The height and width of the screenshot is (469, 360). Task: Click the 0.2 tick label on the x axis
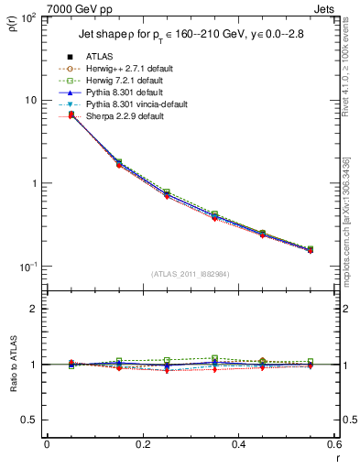tap(142, 445)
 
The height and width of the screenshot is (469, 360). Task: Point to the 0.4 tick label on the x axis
tap(238, 445)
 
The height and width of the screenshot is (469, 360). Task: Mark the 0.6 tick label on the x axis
tap(333, 445)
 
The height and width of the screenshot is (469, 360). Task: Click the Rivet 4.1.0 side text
tap(350, 62)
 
